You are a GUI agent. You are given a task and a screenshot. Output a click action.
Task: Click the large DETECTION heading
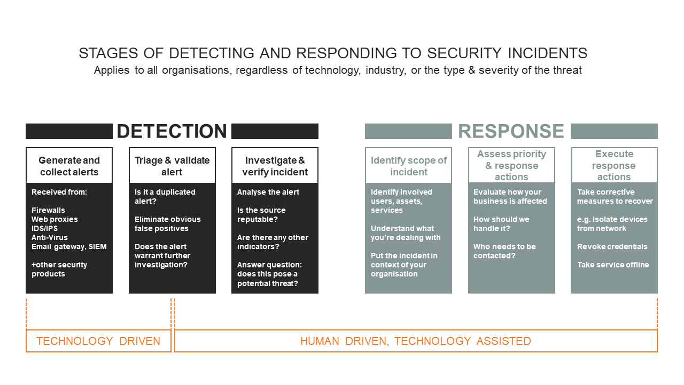click(x=172, y=131)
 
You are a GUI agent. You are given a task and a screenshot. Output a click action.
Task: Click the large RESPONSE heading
click(x=511, y=131)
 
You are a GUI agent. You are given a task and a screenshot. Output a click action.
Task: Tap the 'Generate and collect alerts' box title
click(x=69, y=166)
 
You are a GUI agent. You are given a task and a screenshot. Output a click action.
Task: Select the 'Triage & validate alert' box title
click(x=172, y=166)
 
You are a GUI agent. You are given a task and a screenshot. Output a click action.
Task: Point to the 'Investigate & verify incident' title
click(x=275, y=166)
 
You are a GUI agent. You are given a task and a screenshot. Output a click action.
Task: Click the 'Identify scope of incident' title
click(x=409, y=166)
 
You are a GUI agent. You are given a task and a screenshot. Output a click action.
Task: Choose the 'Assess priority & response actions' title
click(x=511, y=165)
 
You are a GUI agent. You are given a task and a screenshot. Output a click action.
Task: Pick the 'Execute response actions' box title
click(x=614, y=165)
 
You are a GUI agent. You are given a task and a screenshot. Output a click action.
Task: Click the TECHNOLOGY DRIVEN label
click(x=98, y=341)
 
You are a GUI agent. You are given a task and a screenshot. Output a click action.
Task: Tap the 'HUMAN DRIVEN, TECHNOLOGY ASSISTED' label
click(x=416, y=341)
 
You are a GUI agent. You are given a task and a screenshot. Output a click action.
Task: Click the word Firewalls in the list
click(x=48, y=210)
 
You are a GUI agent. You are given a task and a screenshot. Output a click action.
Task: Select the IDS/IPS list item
click(x=44, y=228)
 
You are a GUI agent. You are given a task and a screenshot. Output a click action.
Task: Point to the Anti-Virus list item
click(x=50, y=237)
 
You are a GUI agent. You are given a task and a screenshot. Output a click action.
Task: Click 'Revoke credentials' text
click(x=612, y=247)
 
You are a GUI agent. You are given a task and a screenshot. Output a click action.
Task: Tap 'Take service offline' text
click(x=613, y=265)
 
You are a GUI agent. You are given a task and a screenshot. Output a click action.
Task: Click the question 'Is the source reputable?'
click(x=261, y=215)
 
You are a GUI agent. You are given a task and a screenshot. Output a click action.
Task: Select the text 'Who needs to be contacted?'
click(x=504, y=251)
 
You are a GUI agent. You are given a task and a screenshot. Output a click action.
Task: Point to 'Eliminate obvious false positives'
click(x=168, y=224)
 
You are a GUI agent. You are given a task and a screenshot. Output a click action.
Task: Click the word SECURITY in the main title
click(x=464, y=53)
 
